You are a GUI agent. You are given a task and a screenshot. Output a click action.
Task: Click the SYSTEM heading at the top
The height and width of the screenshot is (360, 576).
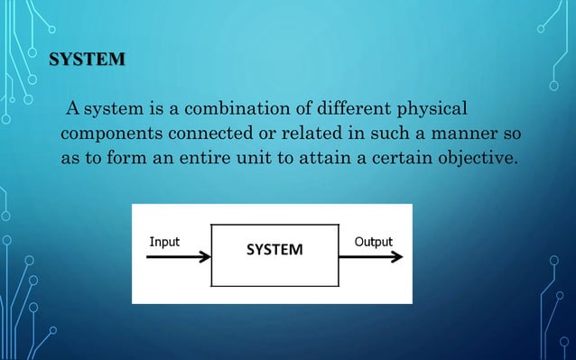pos(87,61)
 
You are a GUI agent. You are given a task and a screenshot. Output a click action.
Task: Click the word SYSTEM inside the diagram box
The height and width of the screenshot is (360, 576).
pos(275,248)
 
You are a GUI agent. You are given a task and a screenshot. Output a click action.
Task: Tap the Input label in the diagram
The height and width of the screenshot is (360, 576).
pos(164,242)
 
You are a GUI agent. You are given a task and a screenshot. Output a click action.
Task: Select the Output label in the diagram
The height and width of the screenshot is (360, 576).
pos(373,242)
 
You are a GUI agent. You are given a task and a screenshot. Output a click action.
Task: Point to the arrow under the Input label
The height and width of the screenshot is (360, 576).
pos(178,257)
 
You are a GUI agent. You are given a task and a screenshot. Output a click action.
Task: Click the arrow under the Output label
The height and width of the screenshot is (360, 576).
pos(372,257)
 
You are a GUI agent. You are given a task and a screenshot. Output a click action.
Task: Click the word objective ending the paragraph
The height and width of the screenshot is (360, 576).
pos(478,161)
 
